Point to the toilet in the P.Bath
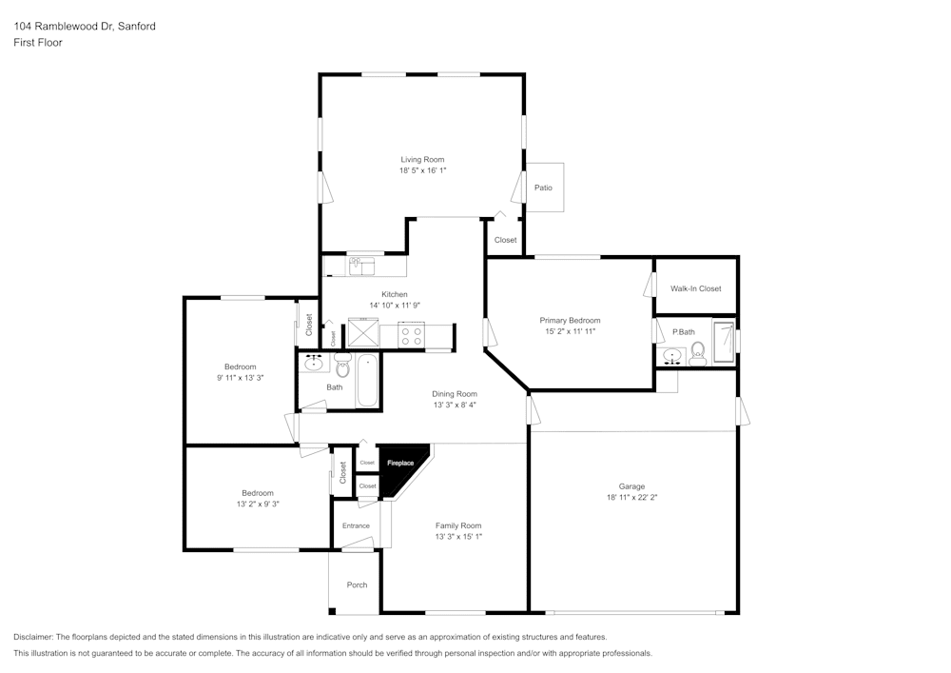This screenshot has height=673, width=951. pyautogui.click(x=697, y=355)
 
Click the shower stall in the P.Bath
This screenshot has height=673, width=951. pyautogui.click(x=725, y=342)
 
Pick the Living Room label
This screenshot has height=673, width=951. pyautogui.click(x=422, y=160)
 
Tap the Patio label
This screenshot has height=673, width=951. pyautogui.click(x=543, y=188)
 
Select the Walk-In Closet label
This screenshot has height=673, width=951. pyautogui.click(x=695, y=288)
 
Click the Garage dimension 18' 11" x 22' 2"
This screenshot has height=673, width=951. pyautogui.click(x=631, y=497)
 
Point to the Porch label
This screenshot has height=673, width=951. pyautogui.click(x=357, y=584)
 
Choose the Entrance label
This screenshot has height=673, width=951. pyautogui.click(x=356, y=525)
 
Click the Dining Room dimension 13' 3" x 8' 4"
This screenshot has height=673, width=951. pyautogui.click(x=454, y=405)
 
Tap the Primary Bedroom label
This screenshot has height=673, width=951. pyautogui.click(x=570, y=321)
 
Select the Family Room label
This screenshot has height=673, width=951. pyautogui.click(x=458, y=525)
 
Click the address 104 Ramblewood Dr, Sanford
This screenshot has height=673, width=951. pyautogui.click(x=85, y=27)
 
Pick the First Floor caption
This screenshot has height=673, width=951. pyautogui.click(x=38, y=43)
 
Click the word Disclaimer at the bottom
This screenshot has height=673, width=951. pyautogui.click(x=33, y=637)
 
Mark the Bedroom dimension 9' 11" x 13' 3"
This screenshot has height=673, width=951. pyautogui.click(x=240, y=378)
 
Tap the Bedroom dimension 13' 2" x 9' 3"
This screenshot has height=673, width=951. pyautogui.click(x=257, y=504)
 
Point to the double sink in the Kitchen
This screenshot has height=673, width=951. pyautogui.click(x=361, y=266)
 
